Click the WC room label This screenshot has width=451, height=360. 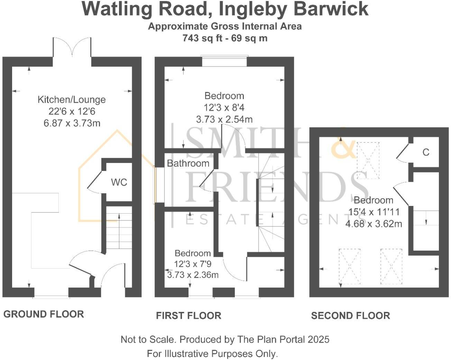point(119,182)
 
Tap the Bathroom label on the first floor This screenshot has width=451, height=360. point(188,163)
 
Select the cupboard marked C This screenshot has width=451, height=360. point(426,152)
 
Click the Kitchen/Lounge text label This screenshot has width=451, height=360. point(72,100)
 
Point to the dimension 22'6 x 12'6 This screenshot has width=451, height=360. point(72,111)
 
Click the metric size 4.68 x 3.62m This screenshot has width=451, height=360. point(374,224)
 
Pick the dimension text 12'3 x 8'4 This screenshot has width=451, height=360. point(224,107)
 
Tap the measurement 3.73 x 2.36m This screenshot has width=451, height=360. point(193,275)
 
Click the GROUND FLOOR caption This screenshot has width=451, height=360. point(44,314)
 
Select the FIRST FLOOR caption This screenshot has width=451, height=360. point(188,315)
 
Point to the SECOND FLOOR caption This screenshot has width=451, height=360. point(350,315)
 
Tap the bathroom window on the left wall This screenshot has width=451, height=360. point(159,185)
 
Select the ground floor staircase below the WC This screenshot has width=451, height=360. point(119,231)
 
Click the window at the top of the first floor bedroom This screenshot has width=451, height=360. point(224,62)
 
